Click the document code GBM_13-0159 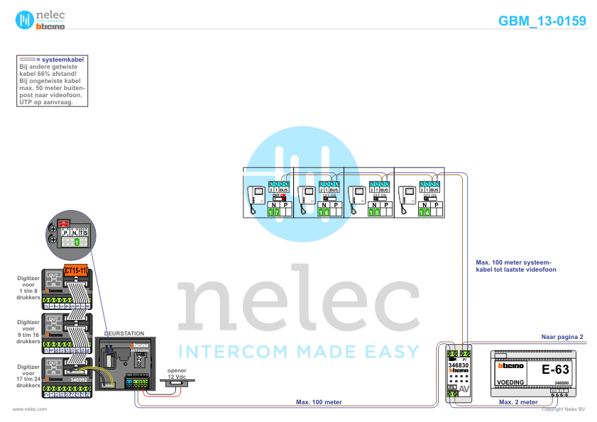[x=542, y=21]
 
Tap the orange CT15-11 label [x=75, y=271]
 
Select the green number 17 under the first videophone [x=274, y=211]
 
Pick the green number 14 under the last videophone [x=424, y=211]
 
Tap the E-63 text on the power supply [x=556, y=370]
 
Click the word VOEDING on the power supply [x=510, y=382]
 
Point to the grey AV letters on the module [x=463, y=389]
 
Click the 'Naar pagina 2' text [x=562, y=336]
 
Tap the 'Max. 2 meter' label [x=517, y=402]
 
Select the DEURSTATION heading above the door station [x=124, y=333]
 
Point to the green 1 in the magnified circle [x=77, y=243]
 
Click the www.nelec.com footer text [x=30, y=409]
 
